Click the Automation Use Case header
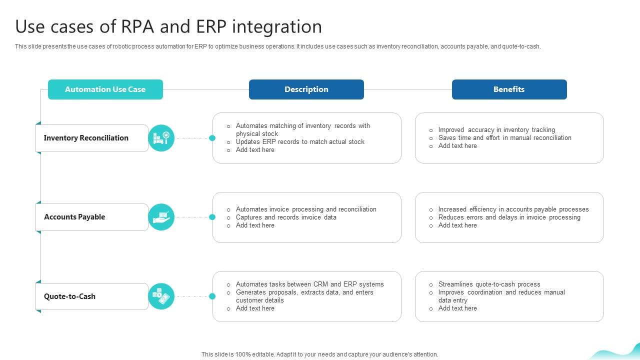(105, 89)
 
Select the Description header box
(306, 89)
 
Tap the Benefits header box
(509, 89)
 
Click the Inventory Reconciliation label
(86, 138)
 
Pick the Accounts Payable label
(74, 217)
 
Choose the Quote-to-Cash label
(69, 296)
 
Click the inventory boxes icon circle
(161, 138)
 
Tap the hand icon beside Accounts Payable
(161, 217)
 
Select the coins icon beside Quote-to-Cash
(161, 296)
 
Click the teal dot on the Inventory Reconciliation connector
(212, 138)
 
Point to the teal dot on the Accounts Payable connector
(212, 217)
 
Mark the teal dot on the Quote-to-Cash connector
(212, 296)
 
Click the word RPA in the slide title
(138, 26)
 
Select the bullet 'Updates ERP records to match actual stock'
(300, 142)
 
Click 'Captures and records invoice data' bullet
(286, 217)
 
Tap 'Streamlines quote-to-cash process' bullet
(489, 284)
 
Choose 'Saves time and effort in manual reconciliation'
(504, 138)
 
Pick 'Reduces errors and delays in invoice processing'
(509, 217)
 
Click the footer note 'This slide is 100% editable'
(319, 354)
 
